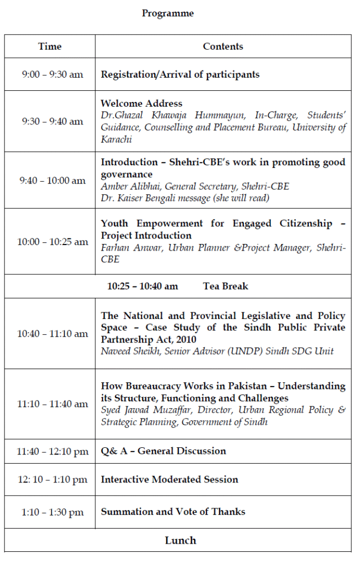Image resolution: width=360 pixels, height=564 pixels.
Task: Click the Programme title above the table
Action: (168, 13)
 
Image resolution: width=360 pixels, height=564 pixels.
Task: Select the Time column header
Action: (50, 46)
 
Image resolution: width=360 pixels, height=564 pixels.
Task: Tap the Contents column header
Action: (223, 46)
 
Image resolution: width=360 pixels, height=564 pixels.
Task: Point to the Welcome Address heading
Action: (141, 103)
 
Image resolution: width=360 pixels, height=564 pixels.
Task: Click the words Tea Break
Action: (226, 286)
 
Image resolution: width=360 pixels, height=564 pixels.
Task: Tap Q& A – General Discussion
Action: (163, 451)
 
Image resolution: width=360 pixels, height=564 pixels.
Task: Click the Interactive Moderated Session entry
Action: (170, 479)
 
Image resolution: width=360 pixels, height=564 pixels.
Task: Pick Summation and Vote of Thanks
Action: (173, 512)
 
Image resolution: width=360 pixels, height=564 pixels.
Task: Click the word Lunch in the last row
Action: (181, 540)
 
